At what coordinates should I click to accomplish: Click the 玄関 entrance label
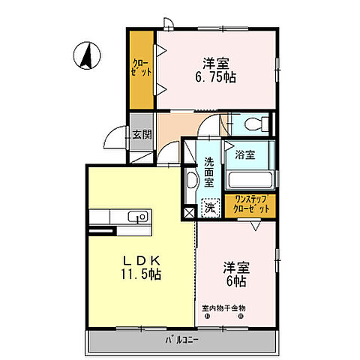(x=142, y=135)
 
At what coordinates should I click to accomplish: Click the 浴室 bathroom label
(x=244, y=155)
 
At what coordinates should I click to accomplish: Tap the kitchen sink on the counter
(x=137, y=217)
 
